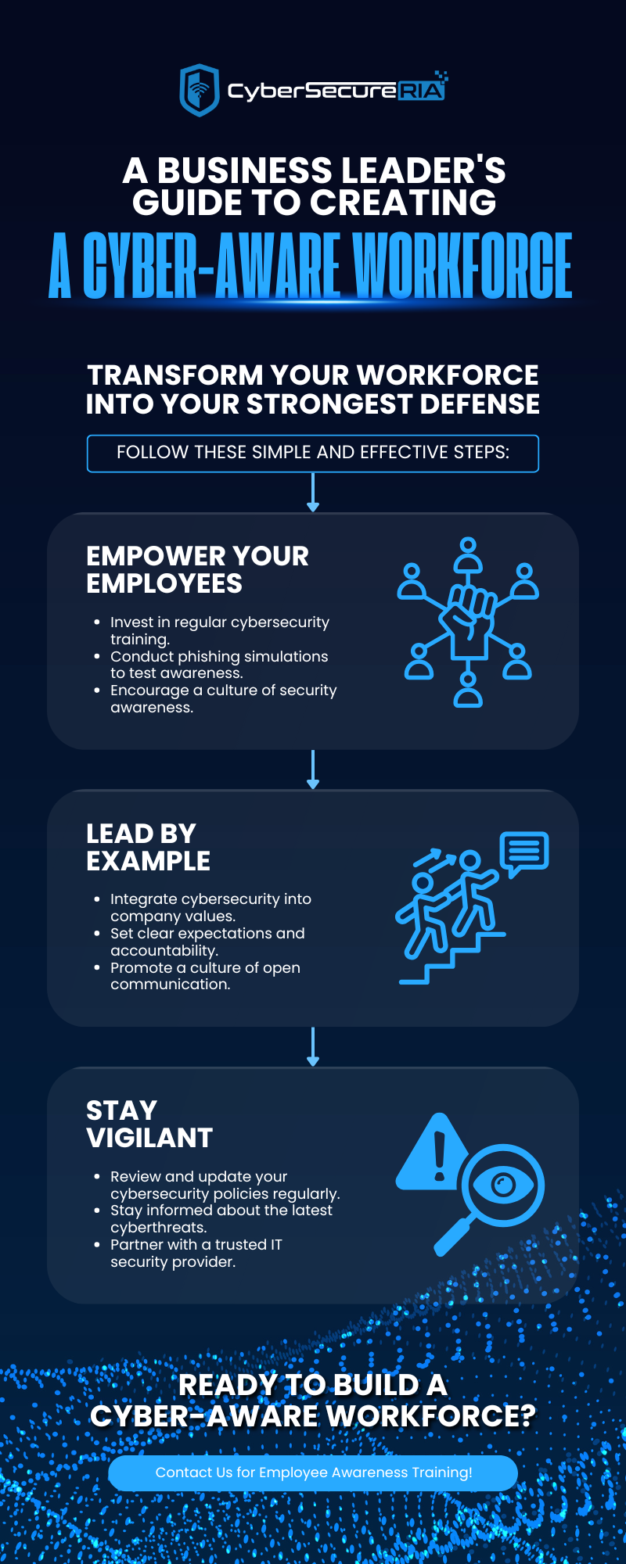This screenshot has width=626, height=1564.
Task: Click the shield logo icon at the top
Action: click(200, 90)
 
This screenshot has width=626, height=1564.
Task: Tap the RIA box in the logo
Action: click(422, 91)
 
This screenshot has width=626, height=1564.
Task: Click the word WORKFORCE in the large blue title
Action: click(462, 266)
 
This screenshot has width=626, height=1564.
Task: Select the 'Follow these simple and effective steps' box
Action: click(313, 454)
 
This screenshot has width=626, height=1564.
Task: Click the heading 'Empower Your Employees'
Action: click(197, 570)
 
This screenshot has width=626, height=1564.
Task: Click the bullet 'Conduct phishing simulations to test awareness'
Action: click(219, 665)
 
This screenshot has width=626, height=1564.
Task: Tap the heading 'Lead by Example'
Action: click(149, 847)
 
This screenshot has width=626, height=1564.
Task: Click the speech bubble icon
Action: click(524, 853)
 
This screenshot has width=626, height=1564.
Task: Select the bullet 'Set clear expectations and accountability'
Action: click(207, 942)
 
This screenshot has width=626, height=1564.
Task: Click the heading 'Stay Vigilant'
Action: click(149, 1124)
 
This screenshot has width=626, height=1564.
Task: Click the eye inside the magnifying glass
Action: click(502, 1186)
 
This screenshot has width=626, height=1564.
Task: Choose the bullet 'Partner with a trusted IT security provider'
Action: click(196, 1253)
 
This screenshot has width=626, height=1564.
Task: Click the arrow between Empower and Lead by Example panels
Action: click(313, 769)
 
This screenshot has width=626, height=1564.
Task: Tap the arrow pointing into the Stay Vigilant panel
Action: click(313, 1046)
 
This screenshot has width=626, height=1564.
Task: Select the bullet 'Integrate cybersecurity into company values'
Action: click(210, 907)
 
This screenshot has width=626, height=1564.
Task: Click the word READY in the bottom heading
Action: click(227, 1385)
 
